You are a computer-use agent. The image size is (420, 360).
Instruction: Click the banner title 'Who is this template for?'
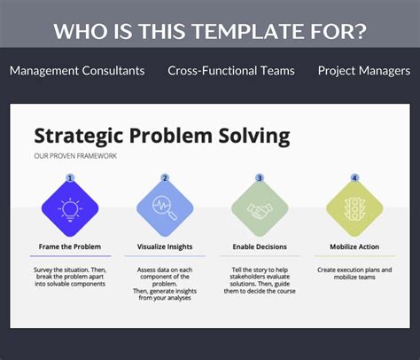click(x=210, y=31)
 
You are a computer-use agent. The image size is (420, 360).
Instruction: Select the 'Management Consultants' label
click(x=77, y=70)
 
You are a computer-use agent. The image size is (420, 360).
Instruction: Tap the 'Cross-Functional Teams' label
click(x=231, y=70)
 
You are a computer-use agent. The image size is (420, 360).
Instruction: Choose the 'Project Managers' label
click(x=363, y=70)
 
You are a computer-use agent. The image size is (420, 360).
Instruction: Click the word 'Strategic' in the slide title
click(x=82, y=136)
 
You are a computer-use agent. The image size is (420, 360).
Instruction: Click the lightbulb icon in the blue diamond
click(x=70, y=209)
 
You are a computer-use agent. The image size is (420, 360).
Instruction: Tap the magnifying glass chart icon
click(x=165, y=209)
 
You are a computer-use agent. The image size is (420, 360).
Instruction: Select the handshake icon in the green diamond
click(x=260, y=209)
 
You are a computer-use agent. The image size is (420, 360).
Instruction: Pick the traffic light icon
click(x=354, y=209)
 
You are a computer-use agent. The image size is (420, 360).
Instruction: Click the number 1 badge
click(x=70, y=177)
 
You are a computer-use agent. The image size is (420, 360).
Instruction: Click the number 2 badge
click(x=165, y=177)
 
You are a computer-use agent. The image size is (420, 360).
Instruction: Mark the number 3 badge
click(x=260, y=177)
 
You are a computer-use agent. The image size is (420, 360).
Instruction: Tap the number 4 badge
click(x=354, y=177)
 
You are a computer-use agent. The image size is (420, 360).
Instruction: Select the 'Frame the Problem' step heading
click(x=70, y=247)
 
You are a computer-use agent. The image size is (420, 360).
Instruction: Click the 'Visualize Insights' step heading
click(x=165, y=247)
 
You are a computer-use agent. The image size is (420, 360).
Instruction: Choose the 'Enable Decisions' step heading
click(x=260, y=247)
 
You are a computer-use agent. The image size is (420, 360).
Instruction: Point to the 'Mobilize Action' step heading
click(x=354, y=247)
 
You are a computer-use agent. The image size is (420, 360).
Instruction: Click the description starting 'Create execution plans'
click(x=354, y=272)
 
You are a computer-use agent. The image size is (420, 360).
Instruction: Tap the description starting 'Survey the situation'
click(x=70, y=277)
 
